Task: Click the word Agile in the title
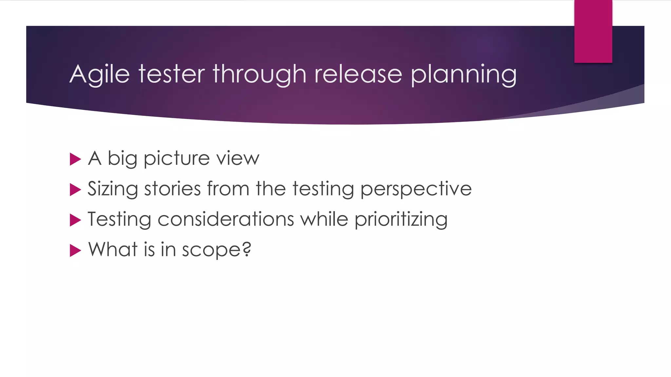point(100,75)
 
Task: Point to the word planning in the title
point(464,75)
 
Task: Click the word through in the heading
point(259,75)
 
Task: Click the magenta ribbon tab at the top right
point(593,31)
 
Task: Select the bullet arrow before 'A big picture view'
point(75,159)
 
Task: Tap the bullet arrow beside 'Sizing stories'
point(75,190)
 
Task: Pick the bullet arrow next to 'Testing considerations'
point(75,220)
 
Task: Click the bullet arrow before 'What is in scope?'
point(75,251)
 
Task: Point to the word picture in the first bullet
point(177,159)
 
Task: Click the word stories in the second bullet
point(172,189)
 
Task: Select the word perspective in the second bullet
point(416,189)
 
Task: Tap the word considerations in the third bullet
point(226,219)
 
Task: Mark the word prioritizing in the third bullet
point(401,220)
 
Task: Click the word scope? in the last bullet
point(217,250)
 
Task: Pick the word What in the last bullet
point(113,249)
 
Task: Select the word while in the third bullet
point(324,219)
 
